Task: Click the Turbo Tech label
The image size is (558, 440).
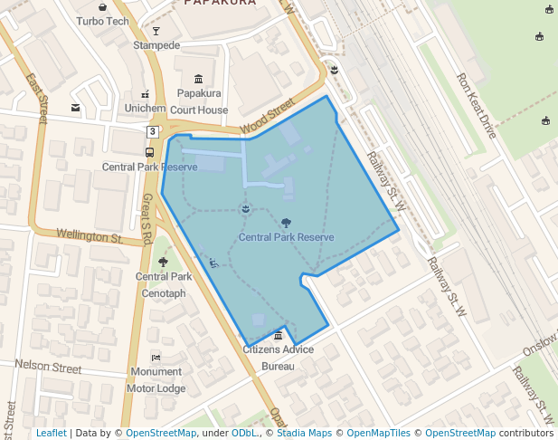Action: tap(102, 21)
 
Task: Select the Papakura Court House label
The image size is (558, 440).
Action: tap(199, 101)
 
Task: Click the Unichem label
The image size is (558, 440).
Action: tap(145, 108)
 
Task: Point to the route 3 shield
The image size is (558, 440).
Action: tap(153, 132)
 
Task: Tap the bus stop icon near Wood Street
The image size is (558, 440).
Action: tap(150, 152)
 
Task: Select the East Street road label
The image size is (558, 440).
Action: tap(37, 99)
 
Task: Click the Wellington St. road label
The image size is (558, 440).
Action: tap(90, 235)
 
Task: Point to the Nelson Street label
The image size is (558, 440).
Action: tap(48, 367)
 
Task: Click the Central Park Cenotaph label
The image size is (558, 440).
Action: tap(164, 284)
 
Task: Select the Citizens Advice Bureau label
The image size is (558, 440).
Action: tap(278, 358)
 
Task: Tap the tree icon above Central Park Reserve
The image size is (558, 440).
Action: tap(286, 222)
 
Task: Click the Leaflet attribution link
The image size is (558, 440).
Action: tap(51, 433)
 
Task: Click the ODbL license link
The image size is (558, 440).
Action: tap(244, 433)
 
